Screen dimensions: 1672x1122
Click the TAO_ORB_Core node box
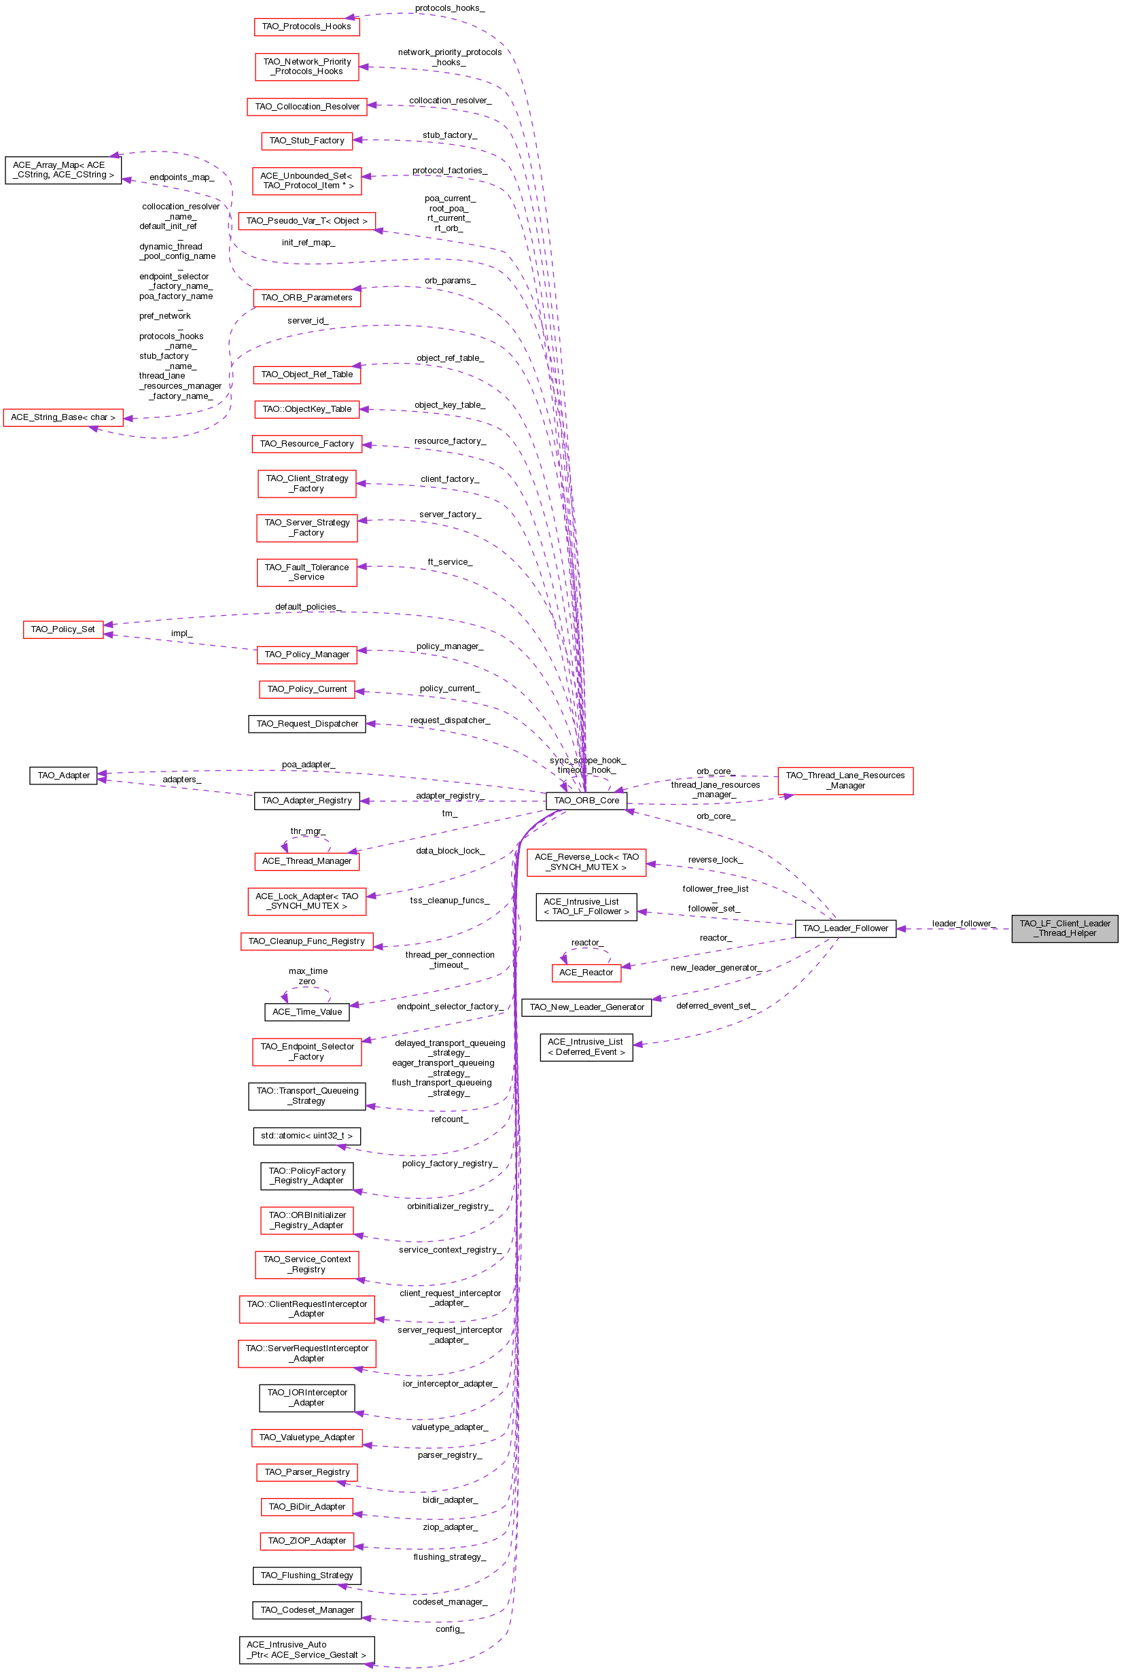[x=586, y=801]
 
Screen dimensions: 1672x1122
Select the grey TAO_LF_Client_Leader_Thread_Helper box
[x=1064, y=928]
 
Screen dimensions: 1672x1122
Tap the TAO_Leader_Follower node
[x=845, y=928]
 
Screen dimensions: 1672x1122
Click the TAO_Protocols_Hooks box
[x=306, y=27]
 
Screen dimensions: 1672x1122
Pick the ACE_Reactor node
[x=586, y=973]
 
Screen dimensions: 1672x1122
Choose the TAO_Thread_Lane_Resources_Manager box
[x=845, y=780]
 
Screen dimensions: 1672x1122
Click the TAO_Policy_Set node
[x=63, y=629]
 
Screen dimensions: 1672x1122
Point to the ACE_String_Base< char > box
[x=63, y=417]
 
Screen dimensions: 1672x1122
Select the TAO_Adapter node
[x=63, y=775]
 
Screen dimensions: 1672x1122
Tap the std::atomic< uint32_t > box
[x=306, y=1136]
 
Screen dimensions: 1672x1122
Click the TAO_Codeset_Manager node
[x=307, y=1609]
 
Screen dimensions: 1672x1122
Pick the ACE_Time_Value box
[x=307, y=1011]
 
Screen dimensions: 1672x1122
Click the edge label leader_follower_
[x=964, y=924]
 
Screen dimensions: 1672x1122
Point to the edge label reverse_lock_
[x=715, y=859]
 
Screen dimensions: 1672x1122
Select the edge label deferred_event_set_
[x=716, y=1005]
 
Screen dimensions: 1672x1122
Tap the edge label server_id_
[x=308, y=321]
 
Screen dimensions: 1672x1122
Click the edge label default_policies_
[x=309, y=607]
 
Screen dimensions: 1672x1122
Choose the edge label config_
[x=450, y=1629]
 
